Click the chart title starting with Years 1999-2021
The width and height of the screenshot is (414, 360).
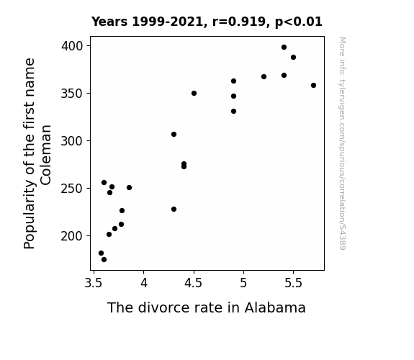point(207,22)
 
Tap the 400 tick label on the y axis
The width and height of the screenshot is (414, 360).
point(72,46)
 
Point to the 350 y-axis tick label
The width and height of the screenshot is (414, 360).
point(72,94)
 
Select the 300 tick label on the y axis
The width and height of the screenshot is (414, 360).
point(72,141)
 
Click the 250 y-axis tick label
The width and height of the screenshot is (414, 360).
point(72,189)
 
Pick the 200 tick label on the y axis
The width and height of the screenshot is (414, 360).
point(72,236)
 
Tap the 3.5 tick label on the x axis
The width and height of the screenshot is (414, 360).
point(93,283)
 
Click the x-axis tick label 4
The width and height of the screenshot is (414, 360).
point(143,283)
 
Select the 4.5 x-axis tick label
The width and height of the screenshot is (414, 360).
point(193,283)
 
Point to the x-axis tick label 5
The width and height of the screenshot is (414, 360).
point(243,283)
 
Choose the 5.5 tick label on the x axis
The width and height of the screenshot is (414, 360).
point(293,283)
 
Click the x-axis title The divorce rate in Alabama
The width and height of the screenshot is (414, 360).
point(207,307)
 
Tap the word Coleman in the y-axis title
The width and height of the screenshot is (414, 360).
point(45,155)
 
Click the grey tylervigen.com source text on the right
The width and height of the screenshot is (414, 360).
point(342,143)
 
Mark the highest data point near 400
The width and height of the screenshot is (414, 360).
point(284,48)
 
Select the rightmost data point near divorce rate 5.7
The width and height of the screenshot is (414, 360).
point(313,85)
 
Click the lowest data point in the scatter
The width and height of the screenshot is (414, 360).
point(104,260)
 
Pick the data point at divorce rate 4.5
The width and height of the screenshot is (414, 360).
point(194,93)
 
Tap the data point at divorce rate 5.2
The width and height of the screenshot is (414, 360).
point(264,76)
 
